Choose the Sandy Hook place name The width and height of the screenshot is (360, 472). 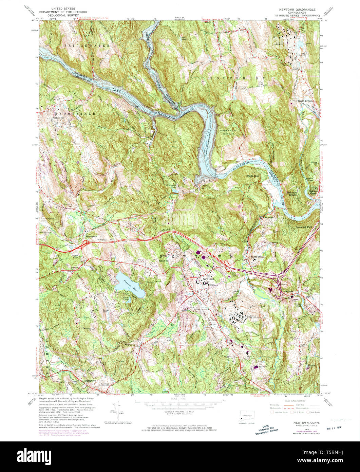click(x=257, y=257)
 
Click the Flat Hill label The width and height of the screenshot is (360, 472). click(x=261, y=83)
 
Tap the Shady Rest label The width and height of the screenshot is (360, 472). click(x=253, y=176)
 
